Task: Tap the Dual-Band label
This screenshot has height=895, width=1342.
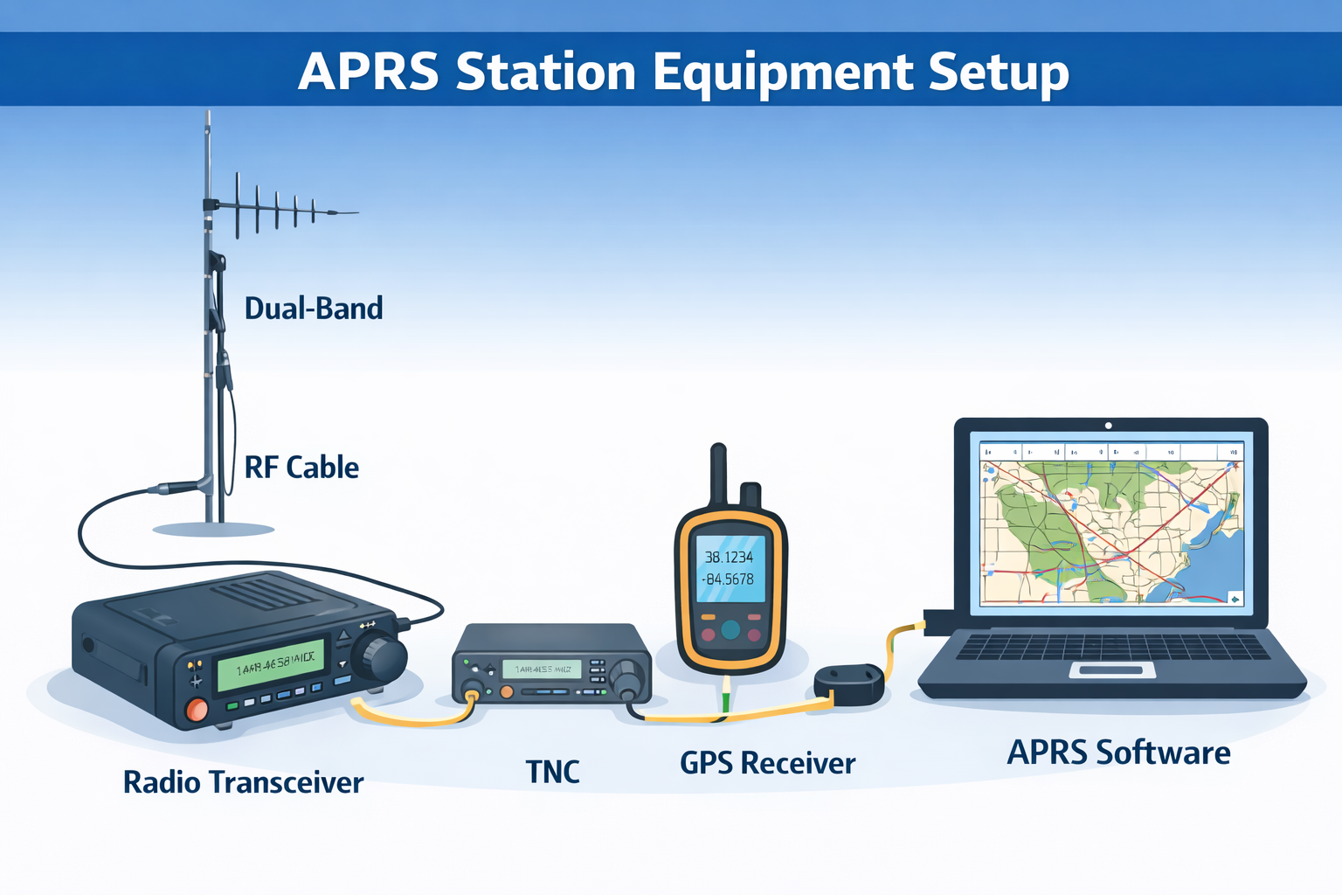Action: (x=314, y=309)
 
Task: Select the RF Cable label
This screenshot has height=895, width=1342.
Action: (x=301, y=468)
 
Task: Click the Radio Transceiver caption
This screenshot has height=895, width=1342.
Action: (x=243, y=782)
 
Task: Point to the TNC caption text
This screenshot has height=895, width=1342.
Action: (x=552, y=772)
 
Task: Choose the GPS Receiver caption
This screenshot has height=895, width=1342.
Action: (x=767, y=763)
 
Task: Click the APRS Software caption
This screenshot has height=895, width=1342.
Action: (x=1118, y=753)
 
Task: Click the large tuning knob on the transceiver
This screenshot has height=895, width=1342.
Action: (x=380, y=657)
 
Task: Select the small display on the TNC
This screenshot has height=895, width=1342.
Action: (x=542, y=670)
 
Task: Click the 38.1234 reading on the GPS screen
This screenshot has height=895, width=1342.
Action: (x=729, y=557)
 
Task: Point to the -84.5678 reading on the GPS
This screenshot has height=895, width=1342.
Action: (x=729, y=579)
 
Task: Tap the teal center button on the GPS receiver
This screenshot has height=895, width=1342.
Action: (x=730, y=628)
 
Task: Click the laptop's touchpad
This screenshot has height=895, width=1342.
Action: (x=1111, y=670)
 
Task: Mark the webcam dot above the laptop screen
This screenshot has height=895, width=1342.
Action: (x=1108, y=426)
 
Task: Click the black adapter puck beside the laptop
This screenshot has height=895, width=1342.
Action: (x=848, y=683)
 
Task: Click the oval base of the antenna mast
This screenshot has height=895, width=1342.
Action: (x=213, y=529)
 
